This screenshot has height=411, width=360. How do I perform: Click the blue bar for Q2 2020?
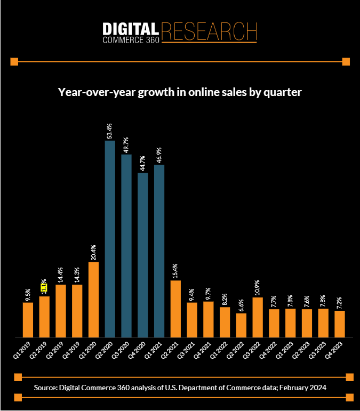click(110, 239)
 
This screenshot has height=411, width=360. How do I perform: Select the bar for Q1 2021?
click(159, 251)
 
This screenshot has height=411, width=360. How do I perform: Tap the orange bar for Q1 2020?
click(93, 300)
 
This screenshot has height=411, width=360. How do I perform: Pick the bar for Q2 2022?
click(242, 325)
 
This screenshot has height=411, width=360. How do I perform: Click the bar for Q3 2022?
click(258, 317)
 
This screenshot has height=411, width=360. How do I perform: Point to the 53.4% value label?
click(110, 130)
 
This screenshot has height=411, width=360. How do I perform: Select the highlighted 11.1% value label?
click(44, 287)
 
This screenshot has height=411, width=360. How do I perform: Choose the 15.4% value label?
click(176, 270)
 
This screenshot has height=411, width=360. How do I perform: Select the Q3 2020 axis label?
click(124, 349)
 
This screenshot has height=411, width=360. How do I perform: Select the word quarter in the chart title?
click(282, 92)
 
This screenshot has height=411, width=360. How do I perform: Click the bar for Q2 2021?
click(176, 309)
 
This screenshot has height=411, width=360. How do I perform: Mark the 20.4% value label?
click(93, 252)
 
